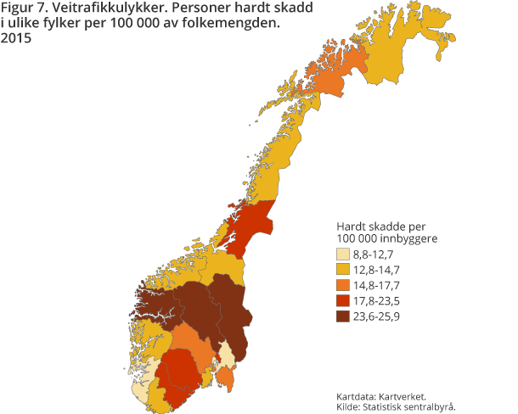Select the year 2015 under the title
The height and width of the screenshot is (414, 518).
point(19,39)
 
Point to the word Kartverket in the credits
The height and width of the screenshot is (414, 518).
point(404,396)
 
